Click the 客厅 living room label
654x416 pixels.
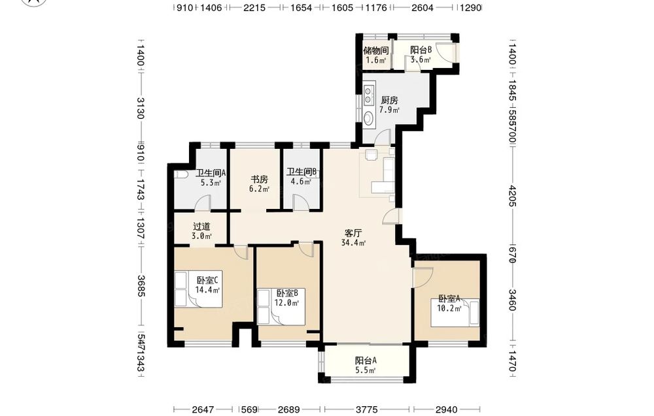[x=353, y=232]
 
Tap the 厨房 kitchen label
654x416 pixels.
[x=389, y=100]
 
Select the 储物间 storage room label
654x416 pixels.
[x=376, y=50]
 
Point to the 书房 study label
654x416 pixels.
[x=259, y=180]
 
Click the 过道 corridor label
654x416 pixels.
[x=201, y=227]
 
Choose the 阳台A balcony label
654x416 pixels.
[x=366, y=360]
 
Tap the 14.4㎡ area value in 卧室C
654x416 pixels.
[x=207, y=289]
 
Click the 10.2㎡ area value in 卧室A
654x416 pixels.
[x=449, y=308]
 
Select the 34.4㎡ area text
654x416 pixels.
[x=353, y=243]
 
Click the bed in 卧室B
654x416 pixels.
[x=281, y=307]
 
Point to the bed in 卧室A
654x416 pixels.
[x=455, y=313]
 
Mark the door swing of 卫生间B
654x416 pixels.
[x=300, y=203]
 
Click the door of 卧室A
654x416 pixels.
[x=422, y=277]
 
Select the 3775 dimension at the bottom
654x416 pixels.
[x=368, y=409]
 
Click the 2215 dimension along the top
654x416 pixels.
[x=254, y=7]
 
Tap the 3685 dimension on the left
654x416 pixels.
[x=141, y=286]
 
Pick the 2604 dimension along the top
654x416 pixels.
[x=422, y=7]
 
